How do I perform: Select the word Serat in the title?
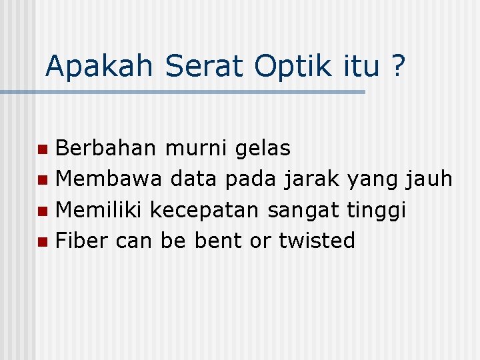(205, 66)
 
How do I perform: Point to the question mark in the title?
(397, 66)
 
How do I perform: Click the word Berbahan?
(107, 148)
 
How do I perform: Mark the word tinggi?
(377, 211)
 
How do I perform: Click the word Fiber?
(83, 240)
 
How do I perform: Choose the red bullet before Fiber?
(43, 241)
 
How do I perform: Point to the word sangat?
(305, 211)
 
